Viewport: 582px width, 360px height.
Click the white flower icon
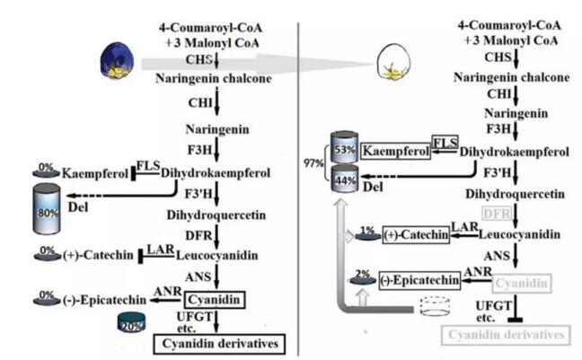(x=391, y=60)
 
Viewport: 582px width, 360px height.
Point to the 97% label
(x=313, y=163)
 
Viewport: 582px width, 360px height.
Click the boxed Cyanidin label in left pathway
(x=216, y=297)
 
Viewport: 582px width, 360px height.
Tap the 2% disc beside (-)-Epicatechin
(x=364, y=277)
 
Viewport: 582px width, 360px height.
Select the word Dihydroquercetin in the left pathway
(x=216, y=215)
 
